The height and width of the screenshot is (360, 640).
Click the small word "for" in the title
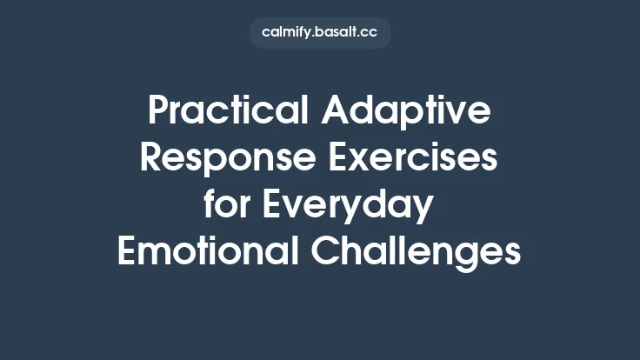point(227,205)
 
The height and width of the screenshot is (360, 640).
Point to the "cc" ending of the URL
point(369,33)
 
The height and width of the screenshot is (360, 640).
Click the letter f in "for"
point(210,205)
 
